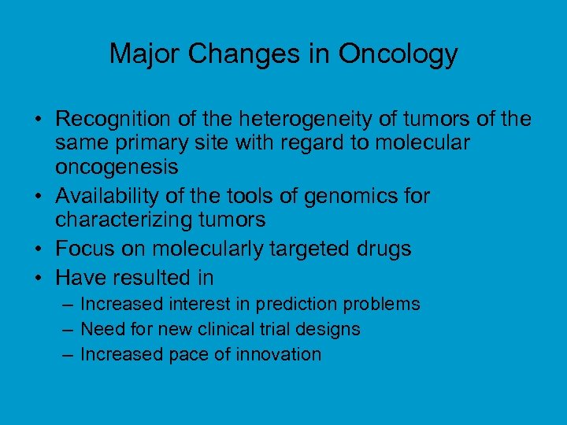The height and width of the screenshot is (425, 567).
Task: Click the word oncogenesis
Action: pyautogui.click(x=117, y=168)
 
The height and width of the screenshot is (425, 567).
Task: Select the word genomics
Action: pyautogui.click(x=337, y=195)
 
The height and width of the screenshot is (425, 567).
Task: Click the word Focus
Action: pyautogui.click(x=85, y=249)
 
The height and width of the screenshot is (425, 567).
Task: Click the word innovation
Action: pyautogui.click(x=283, y=354)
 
